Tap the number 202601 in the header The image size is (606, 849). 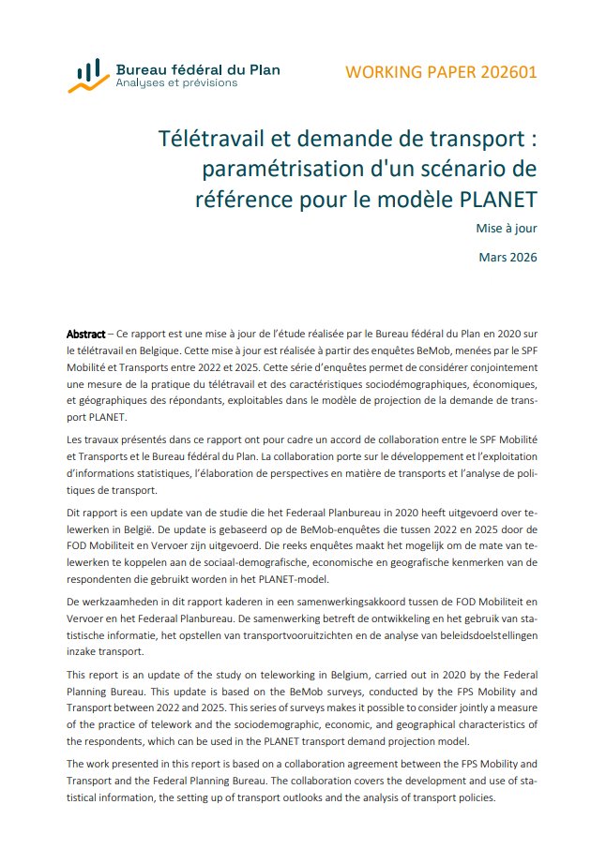tap(503, 72)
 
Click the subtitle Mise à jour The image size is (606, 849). tap(507, 227)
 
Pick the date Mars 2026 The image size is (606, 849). tap(508, 256)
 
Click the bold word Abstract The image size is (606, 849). tap(85, 335)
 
